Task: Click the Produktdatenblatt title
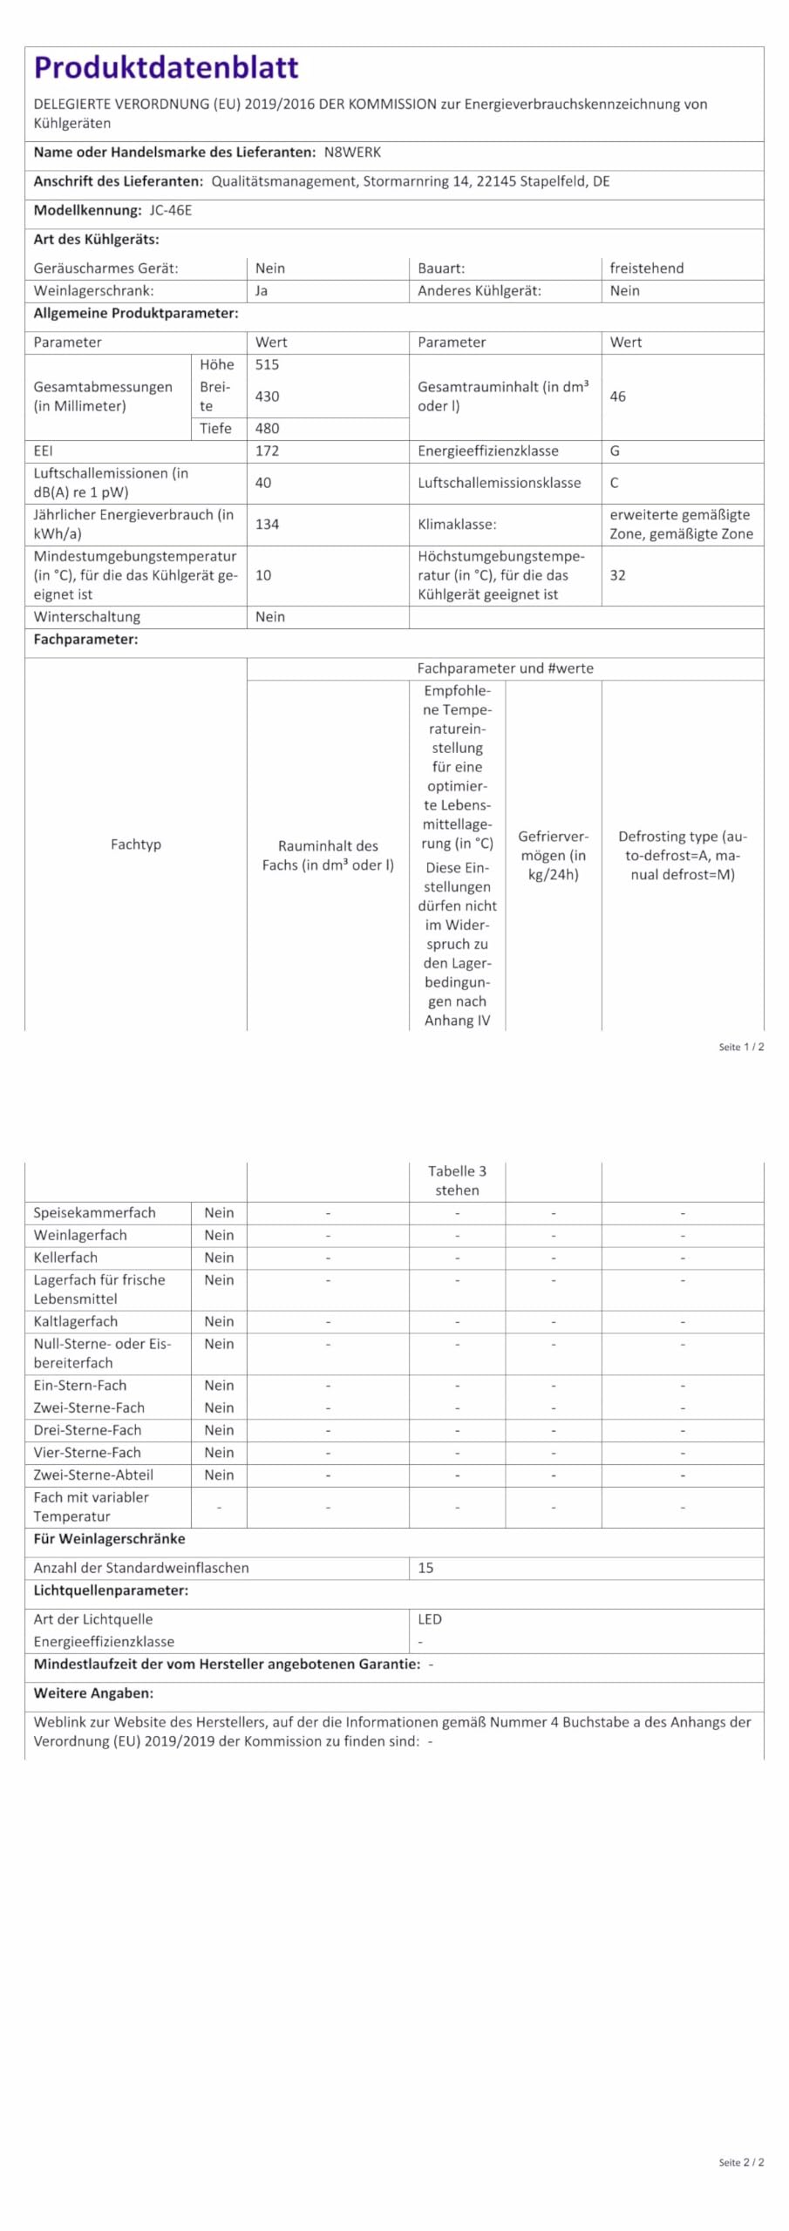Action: pos(166,67)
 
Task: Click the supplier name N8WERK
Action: pos(352,153)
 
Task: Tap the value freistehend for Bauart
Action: pos(646,268)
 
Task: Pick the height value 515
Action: pos(267,364)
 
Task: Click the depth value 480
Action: pos(267,428)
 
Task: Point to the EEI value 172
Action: pos(267,451)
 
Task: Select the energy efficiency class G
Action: pos(615,451)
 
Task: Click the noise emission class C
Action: pos(615,483)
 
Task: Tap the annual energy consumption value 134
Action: pos(267,524)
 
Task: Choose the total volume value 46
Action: pos(617,397)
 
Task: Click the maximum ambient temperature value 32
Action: pos(617,575)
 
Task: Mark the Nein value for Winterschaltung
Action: pos(270,617)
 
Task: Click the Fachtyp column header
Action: pos(136,844)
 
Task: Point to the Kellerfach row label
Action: pos(65,1258)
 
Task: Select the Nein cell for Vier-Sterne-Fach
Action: pos(219,1452)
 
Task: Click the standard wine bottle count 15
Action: pos(425,1568)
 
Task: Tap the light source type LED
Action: pos(430,1619)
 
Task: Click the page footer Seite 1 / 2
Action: pos(741,1047)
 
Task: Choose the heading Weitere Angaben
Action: pos(93,1693)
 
